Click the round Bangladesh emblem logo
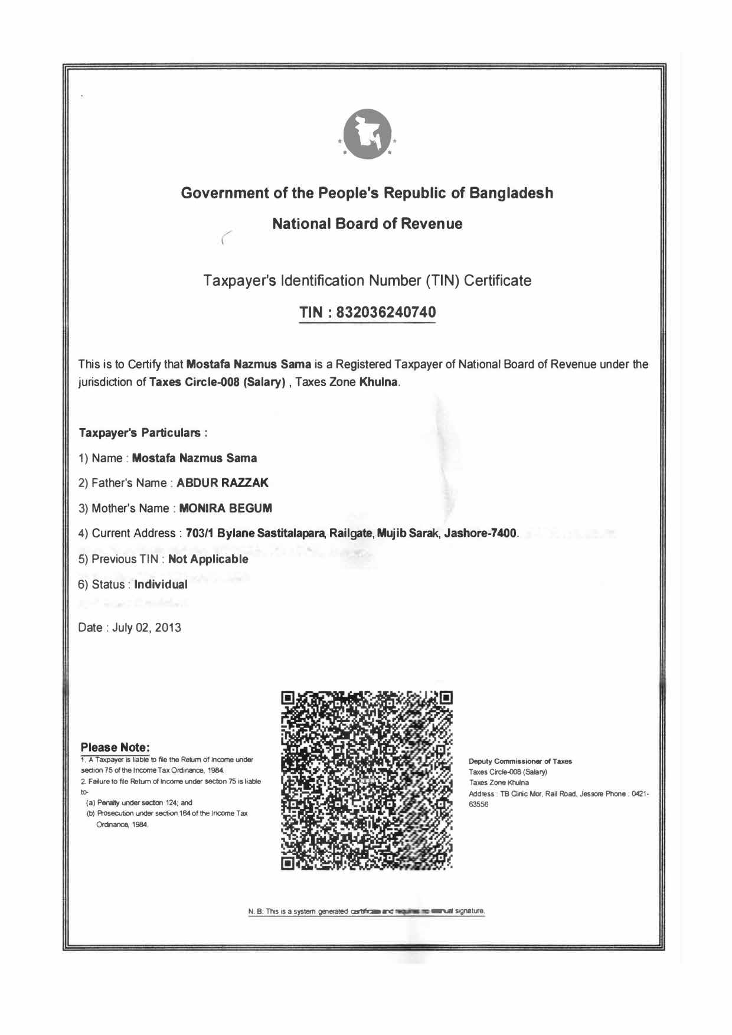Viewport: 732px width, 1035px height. pyautogui.click(x=367, y=134)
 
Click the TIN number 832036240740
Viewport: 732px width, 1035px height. pyautogui.click(x=386, y=312)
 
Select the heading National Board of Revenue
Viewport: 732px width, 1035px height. pyautogui.click(x=367, y=224)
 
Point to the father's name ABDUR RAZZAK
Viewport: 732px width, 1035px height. pyautogui.click(x=223, y=483)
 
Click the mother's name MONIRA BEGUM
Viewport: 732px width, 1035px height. pyautogui.click(x=226, y=508)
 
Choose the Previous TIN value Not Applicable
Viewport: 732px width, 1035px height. pyautogui.click(x=208, y=559)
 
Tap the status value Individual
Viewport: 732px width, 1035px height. pyautogui.click(x=161, y=585)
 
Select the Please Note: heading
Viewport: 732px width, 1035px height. pyautogui.click(x=115, y=747)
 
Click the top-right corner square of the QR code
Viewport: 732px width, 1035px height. pyautogui.click(x=446, y=698)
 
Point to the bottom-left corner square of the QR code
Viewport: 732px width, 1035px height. pyautogui.click(x=288, y=864)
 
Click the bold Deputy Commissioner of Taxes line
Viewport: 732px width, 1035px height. pyautogui.click(x=520, y=762)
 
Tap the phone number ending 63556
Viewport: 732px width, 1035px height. pyautogui.click(x=479, y=804)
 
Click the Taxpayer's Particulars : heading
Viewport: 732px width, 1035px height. pyautogui.click(x=142, y=433)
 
